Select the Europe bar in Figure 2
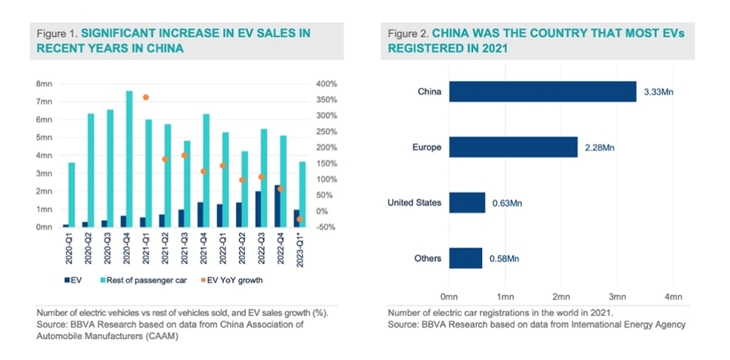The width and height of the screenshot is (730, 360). [513, 147]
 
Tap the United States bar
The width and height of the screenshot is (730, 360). [467, 203]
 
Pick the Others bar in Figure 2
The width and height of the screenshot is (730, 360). [465, 258]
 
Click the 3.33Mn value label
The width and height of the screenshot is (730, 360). [659, 92]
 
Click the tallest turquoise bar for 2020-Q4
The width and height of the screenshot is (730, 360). [129, 159]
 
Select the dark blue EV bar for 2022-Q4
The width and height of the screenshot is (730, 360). [277, 206]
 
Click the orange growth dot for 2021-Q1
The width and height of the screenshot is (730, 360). [146, 98]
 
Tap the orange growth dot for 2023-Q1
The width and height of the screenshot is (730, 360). [300, 219]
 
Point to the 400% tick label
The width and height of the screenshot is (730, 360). [327, 83]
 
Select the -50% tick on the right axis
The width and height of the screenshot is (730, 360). [327, 227]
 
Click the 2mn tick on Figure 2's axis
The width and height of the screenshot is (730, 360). [561, 296]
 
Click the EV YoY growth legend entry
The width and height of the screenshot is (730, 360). [224, 282]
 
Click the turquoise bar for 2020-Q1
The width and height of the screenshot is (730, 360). [72, 194]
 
